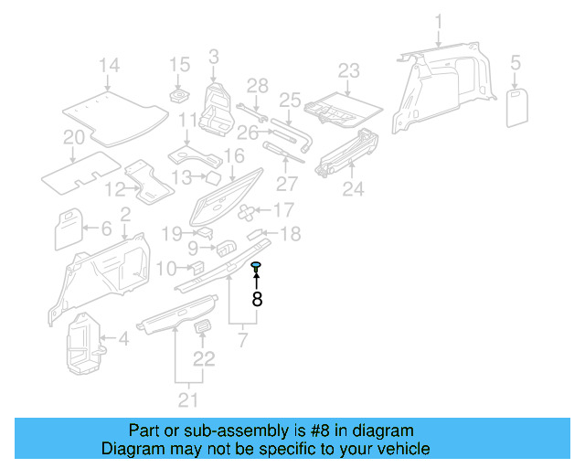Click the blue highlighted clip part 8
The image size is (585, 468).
257,266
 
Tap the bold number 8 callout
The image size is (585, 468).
257,298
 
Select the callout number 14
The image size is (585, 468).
110,65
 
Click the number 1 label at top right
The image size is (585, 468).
438,21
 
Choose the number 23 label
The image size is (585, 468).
349,70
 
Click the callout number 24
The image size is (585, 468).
353,189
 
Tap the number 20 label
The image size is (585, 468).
73,138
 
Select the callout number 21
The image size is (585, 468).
187,399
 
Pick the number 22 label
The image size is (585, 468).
204,358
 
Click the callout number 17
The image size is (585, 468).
283,209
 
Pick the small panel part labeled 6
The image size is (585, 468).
69,229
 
